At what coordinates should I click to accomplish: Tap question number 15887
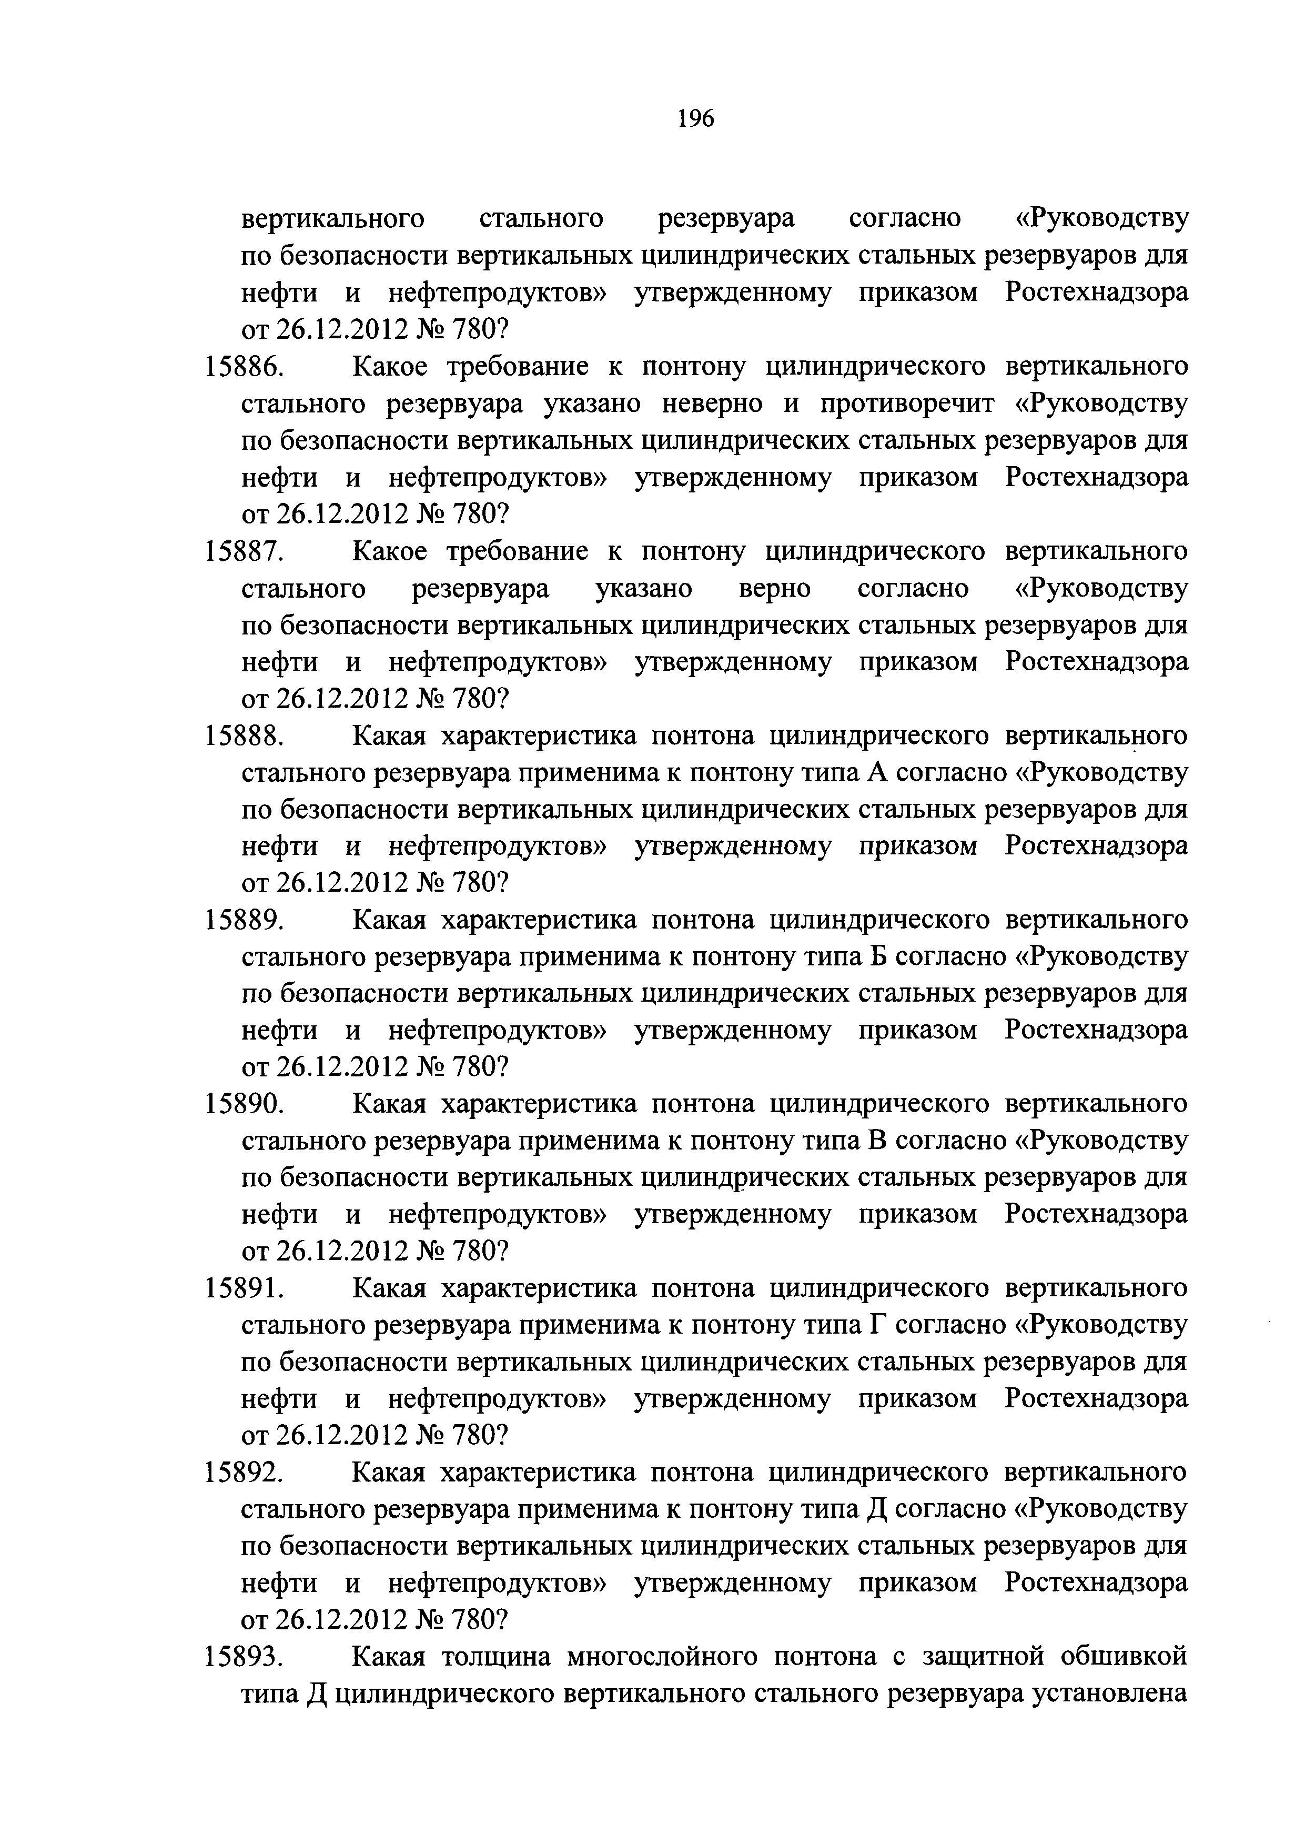point(244,551)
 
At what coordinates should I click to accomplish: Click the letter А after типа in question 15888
point(876,773)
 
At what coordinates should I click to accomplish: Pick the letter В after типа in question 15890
point(876,1141)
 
